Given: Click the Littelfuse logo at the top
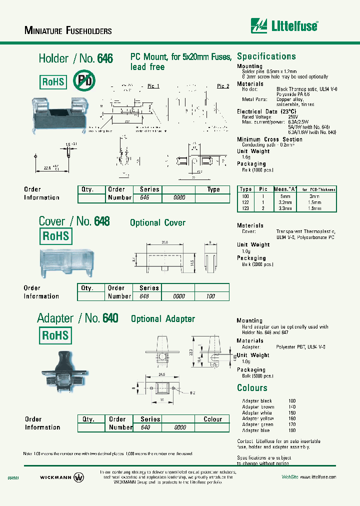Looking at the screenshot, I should click(x=284, y=25).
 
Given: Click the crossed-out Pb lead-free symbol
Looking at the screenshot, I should click(x=83, y=80).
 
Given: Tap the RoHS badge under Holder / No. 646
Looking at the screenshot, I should click(x=53, y=81).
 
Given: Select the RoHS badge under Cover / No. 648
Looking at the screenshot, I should click(x=55, y=236).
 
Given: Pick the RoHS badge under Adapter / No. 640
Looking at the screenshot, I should click(x=55, y=335).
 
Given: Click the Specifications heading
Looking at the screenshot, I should click(x=266, y=56).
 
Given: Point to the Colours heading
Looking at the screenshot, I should click(x=252, y=388).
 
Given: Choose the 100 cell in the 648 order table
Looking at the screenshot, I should click(x=211, y=296).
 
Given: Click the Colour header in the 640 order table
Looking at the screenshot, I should click(x=213, y=419).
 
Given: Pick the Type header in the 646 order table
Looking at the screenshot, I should click(x=213, y=189).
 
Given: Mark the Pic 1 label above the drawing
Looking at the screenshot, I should click(x=153, y=86).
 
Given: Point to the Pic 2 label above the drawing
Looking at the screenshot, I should click(x=223, y=86).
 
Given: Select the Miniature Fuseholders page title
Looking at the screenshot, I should click(x=68, y=30).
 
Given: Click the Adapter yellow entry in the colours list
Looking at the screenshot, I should click(x=258, y=418).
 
